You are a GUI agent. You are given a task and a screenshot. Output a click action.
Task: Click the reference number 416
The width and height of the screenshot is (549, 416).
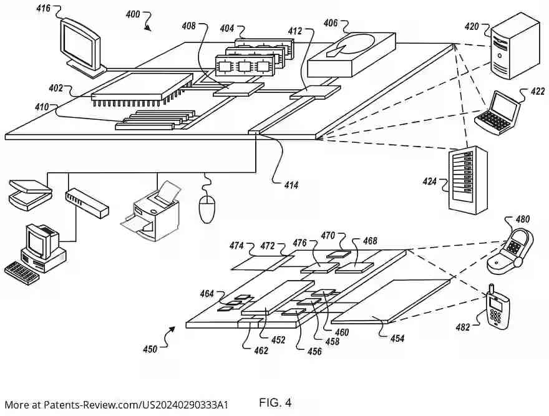(44, 8)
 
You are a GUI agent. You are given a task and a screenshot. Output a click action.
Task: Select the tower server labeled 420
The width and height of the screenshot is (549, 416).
(514, 46)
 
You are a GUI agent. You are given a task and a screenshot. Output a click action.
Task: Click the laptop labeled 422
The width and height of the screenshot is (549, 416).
(497, 112)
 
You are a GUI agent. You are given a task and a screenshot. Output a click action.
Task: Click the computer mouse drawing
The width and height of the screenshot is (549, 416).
(206, 209)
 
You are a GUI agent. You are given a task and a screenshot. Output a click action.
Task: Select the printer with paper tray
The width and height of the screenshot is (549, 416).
(151, 211)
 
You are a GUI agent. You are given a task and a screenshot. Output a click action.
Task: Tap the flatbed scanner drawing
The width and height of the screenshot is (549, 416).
(31, 195)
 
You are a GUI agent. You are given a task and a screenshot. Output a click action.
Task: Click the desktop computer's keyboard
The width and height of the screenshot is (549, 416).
(21, 273)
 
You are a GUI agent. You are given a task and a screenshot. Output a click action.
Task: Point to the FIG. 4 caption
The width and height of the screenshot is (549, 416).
(275, 403)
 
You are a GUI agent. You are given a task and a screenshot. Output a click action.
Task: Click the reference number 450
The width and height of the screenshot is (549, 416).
(150, 349)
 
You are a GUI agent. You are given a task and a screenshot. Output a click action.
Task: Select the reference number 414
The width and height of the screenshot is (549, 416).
(291, 185)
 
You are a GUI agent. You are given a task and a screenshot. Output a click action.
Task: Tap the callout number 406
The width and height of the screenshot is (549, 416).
(331, 23)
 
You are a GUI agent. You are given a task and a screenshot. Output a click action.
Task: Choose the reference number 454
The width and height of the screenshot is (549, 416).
(397, 338)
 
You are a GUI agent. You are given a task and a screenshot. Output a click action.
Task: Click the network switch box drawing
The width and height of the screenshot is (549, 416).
(87, 203)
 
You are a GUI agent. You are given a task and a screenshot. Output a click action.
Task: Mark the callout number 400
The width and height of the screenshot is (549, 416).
(133, 14)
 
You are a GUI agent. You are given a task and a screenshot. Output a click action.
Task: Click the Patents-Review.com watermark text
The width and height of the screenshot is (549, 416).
(116, 405)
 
